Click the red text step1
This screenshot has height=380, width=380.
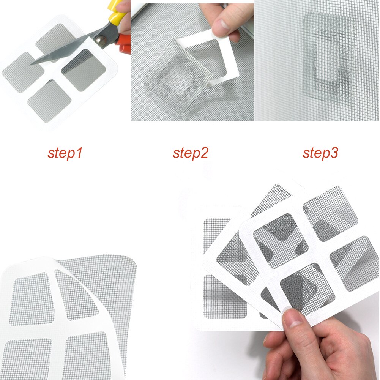pyautogui.click(x=65, y=153)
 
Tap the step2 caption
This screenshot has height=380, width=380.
pyautogui.click(x=191, y=153)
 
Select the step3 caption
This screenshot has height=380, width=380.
pyautogui.click(x=320, y=153)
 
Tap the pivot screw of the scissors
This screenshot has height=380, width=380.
pyautogui.click(x=101, y=39)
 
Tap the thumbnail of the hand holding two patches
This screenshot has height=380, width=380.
pyautogui.click(x=293, y=317)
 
